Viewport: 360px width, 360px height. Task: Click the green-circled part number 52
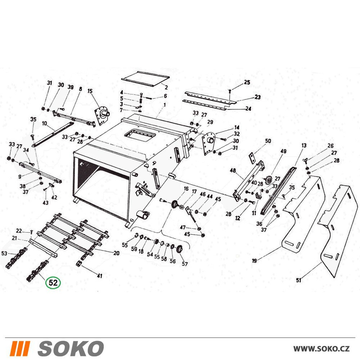pos(53,283)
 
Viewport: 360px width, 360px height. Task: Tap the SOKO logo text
pos(71,348)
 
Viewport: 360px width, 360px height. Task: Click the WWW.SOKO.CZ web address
pos(321,349)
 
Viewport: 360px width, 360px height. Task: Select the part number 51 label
pos(298,280)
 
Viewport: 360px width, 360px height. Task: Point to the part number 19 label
pos(254,261)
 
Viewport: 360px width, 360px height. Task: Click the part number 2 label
pos(166,87)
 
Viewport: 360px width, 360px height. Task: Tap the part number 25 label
pos(247,82)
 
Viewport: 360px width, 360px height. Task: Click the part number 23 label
pos(258,97)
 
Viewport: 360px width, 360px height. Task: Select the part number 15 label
pos(90,91)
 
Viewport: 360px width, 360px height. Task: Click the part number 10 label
pos(44,123)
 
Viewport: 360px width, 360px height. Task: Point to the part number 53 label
pos(4,253)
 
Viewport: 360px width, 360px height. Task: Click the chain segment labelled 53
pos(16,258)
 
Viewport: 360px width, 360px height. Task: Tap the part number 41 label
pos(99,276)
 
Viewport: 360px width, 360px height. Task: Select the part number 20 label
pos(116,253)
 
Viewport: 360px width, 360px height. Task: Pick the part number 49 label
pos(283,151)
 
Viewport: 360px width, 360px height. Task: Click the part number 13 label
pos(304,145)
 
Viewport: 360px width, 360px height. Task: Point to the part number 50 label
pos(268,141)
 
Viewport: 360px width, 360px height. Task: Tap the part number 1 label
pos(165,105)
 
